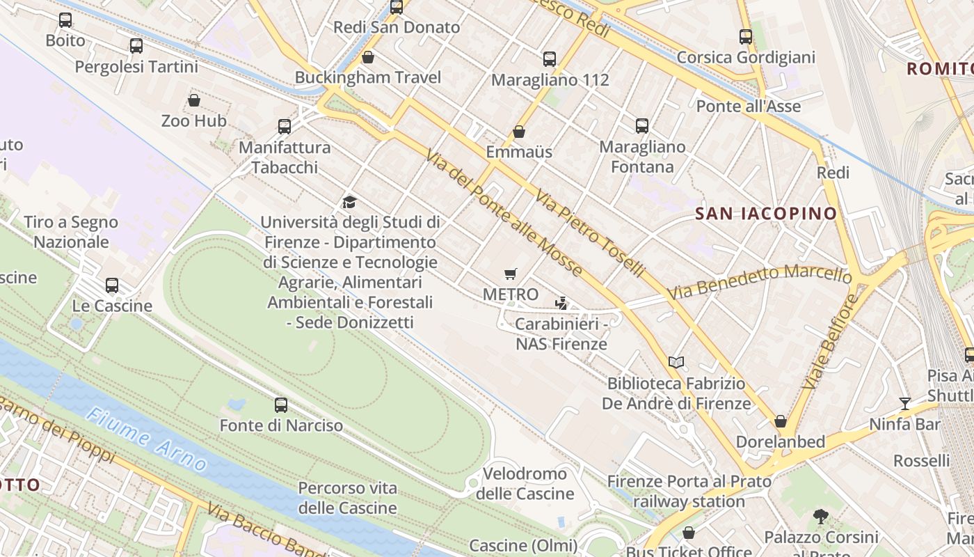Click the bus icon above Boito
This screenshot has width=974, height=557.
[x=65, y=20]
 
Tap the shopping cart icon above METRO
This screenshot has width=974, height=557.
[x=511, y=274]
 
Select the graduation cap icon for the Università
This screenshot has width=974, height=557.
[x=349, y=202]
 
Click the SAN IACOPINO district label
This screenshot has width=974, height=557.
[x=766, y=214]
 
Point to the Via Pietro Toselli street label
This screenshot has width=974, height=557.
[x=590, y=233]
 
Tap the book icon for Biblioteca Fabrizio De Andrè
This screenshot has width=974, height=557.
[x=676, y=362]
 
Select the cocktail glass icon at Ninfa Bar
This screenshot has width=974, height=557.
[x=904, y=403]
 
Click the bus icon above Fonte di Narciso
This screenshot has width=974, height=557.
[x=281, y=405]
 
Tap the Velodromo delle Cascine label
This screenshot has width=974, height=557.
[x=525, y=484]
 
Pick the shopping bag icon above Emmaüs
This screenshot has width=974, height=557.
[x=518, y=131]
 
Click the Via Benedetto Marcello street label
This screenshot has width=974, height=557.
[x=760, y=281]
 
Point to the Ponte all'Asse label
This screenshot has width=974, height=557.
[x=749, y=107]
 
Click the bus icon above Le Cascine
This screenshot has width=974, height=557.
[x=112, y=285]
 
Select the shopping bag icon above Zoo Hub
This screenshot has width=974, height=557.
[x=194, y=100]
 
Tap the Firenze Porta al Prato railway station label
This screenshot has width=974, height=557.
[x=689, y=491]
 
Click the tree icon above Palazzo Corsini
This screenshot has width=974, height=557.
[x=821, y=516]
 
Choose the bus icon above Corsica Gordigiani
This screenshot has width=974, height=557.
[x=746, y=36]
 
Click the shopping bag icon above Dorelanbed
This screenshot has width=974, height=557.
[x=781, y=421]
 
